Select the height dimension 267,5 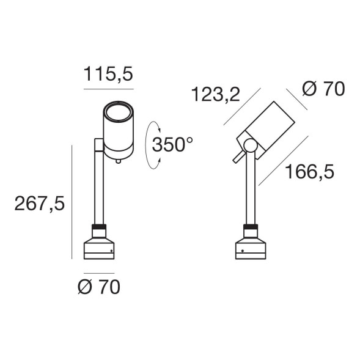pos(40,204)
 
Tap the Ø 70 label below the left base pos(99,287)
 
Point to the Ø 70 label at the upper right pos(323,89)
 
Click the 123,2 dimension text pos(215,95)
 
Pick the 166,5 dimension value pos(309,172)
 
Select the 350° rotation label pos(172,145)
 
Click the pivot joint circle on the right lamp pos(249,145)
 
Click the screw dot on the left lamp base pos(111,251)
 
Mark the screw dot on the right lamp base pos(243,251)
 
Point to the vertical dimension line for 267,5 pos(73,202)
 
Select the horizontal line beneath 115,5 pos(109,90)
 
